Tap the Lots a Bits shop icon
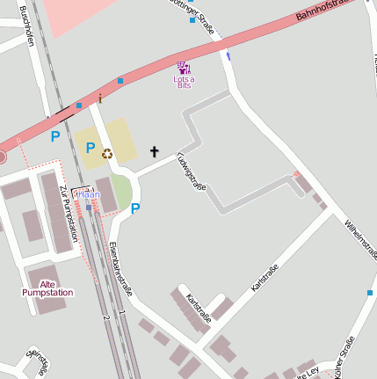tap(183, 67)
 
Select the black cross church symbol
tap(155, 152)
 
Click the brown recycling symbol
tap(107, 154)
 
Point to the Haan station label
tap(87, 194)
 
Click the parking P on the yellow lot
tap(90, 148)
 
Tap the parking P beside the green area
tap(135, 208)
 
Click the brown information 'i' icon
tap(101, 98)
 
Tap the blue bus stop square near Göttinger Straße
tap(192, 19)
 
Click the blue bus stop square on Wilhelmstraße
tap(371, 292)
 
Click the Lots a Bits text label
tap(184, 83)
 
